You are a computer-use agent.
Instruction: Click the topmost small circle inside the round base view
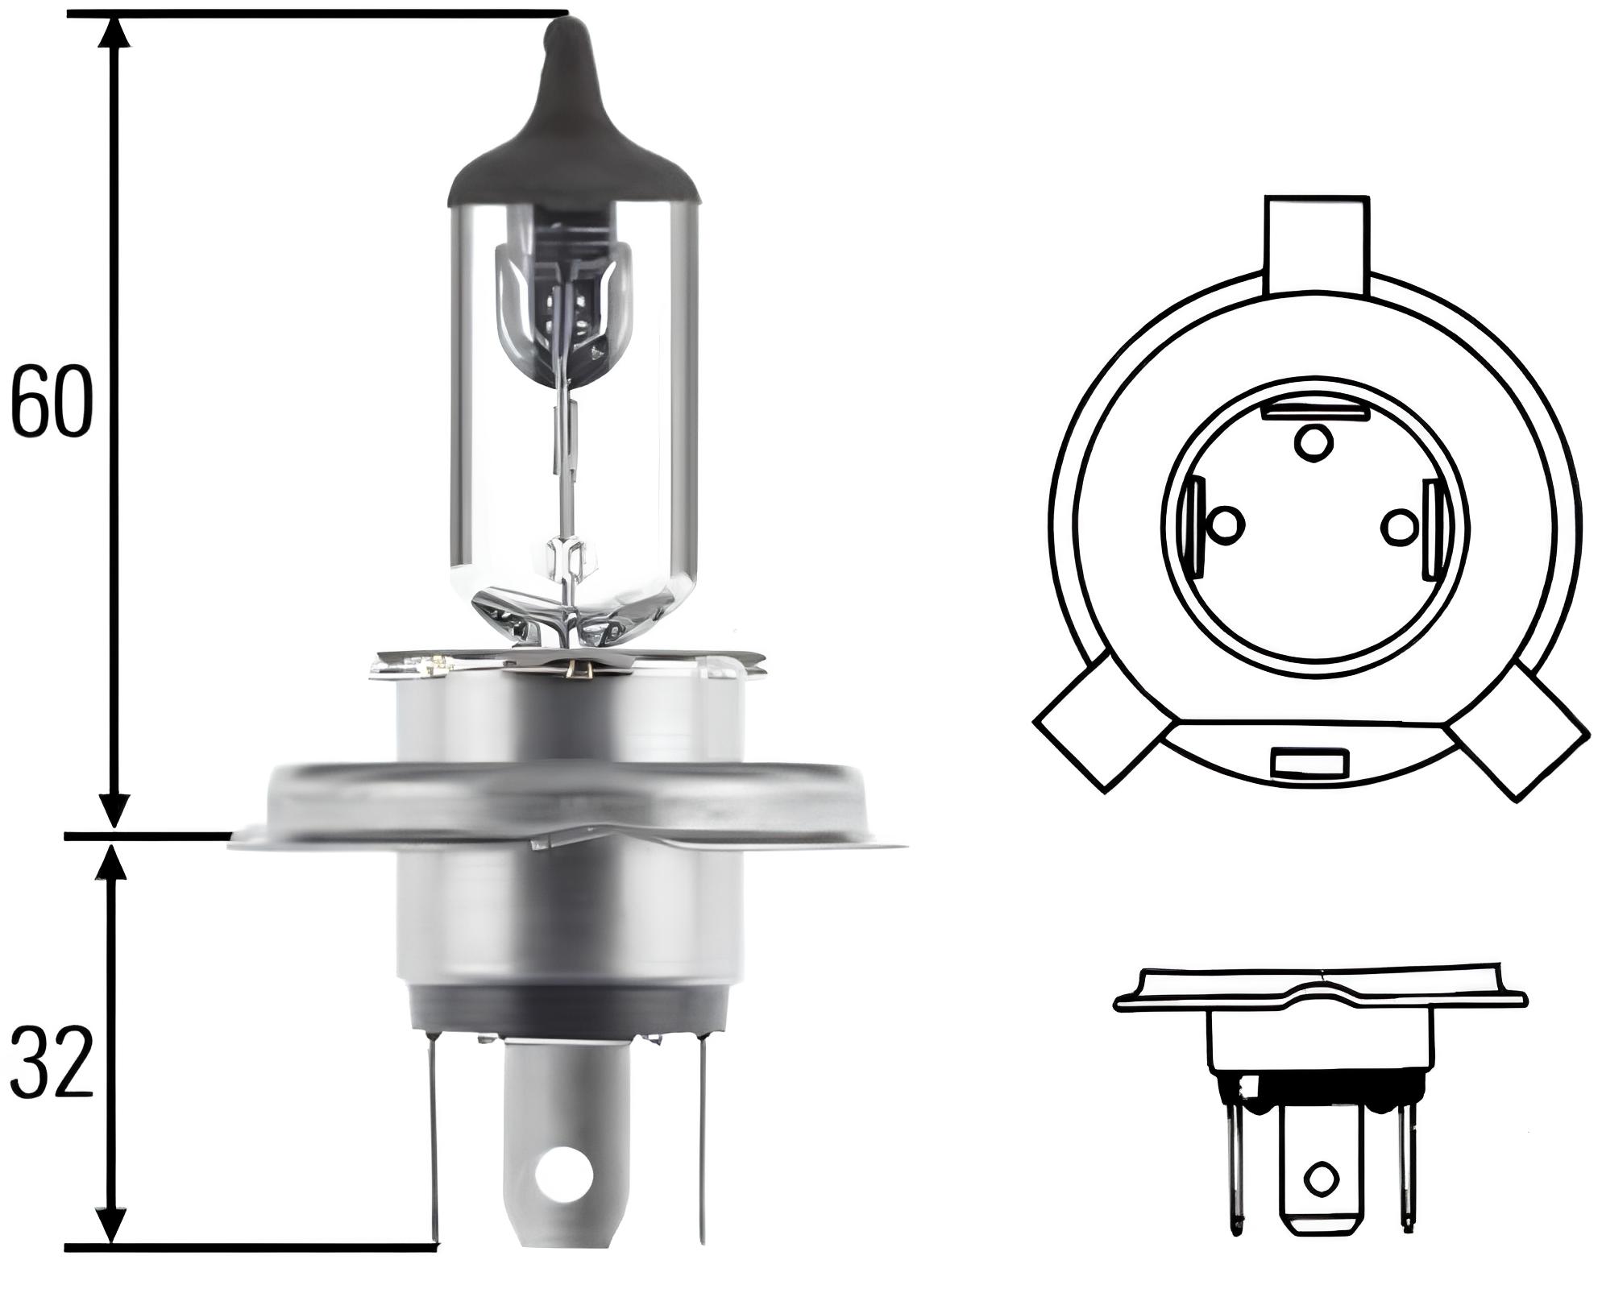1313,441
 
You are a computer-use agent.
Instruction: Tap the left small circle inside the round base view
1227,525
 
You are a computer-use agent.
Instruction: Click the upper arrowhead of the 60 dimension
117,36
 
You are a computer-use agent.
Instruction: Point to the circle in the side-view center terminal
1320,1202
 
